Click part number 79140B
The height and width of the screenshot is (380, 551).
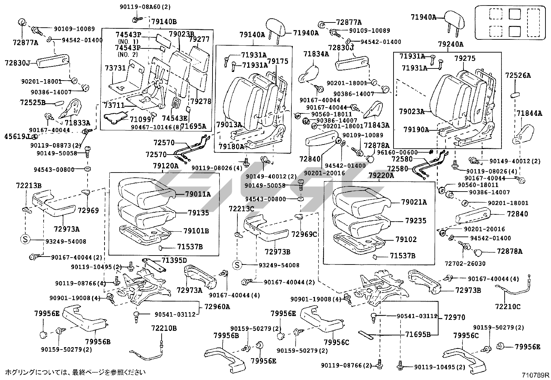click(164, 22)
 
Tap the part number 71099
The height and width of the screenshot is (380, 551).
click(141, 120)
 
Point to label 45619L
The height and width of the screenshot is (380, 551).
click(16, 136)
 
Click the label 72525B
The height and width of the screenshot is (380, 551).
click(33, 103)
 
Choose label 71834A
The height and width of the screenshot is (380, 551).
click(316, 54)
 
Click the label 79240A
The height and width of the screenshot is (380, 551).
click(450, 44)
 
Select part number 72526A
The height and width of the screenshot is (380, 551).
click(518, 75)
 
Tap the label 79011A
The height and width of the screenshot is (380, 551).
click(198, 194)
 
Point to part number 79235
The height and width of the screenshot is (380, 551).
click(416, 221)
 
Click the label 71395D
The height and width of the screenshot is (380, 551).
click(174, 260)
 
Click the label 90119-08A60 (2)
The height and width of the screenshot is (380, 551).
click(150, 7)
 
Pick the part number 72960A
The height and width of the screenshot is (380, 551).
click(217, 307)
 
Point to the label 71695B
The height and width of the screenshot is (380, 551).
click(418, 334)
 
